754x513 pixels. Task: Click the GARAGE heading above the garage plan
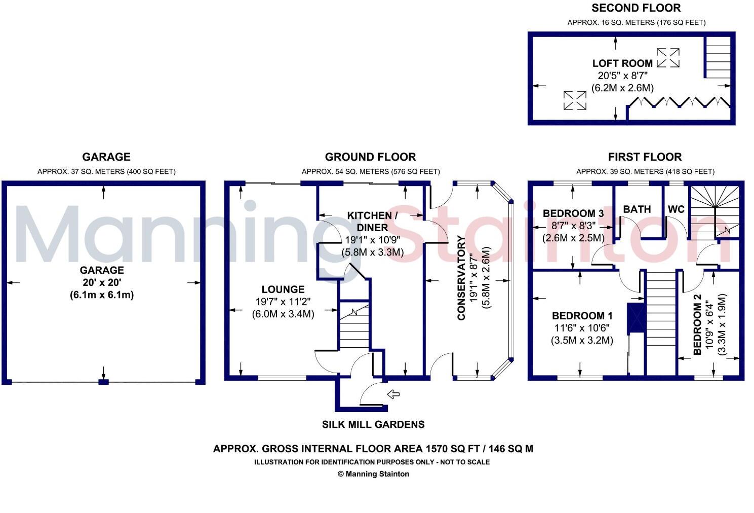(x=106, y=157)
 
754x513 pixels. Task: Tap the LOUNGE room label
(x=283, y=289)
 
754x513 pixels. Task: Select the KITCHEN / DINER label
(x=372, y=222)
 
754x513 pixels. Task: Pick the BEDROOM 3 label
(x=573, y=213)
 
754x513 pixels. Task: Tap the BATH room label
(x=637, y=209)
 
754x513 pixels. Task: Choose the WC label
(x=676, y=209)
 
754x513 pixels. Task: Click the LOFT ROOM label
(x=622, y=63)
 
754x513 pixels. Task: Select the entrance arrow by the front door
(x=393, y=394)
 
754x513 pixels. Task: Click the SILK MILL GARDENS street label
(x=373, y=424)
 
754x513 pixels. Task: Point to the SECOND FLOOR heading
(x=636, y=8)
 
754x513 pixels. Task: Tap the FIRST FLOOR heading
(x=645, y=157)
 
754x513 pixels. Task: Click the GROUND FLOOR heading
(x=370, y=157)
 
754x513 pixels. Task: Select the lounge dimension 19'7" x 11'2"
(x=283, y=302)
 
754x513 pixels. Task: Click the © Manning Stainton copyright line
(x=373, y=474)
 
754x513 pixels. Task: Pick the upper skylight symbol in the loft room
(x=668, y=58)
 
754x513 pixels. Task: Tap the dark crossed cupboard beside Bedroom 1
(x=636, y=318)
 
